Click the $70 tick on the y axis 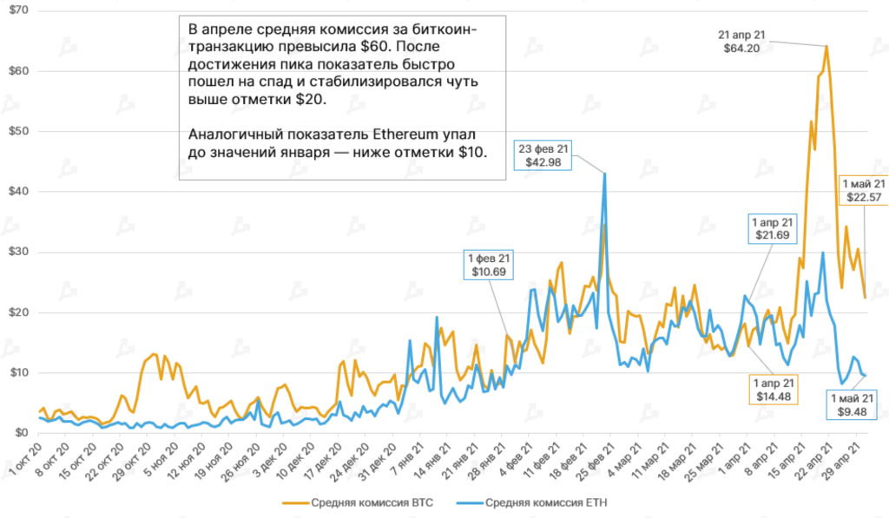tap(19, 10)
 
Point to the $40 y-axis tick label tap(19, 192)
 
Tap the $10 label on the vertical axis tap(19, 373)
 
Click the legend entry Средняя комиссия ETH tap(542, 502)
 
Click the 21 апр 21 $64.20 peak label tap(741, 42)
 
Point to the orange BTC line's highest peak tap(826, 46)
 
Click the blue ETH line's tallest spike tap(604, 174)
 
